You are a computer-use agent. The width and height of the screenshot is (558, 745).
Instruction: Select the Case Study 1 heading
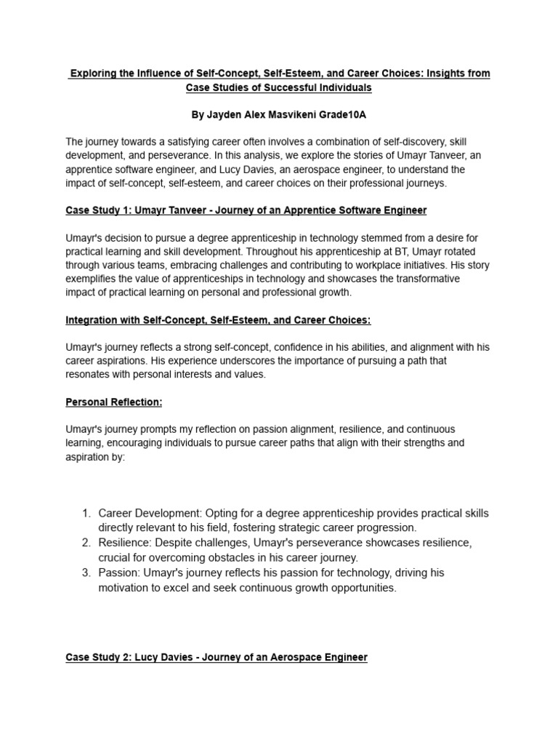point(246,210)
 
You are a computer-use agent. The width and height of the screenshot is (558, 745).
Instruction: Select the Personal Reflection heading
point(114,402)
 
